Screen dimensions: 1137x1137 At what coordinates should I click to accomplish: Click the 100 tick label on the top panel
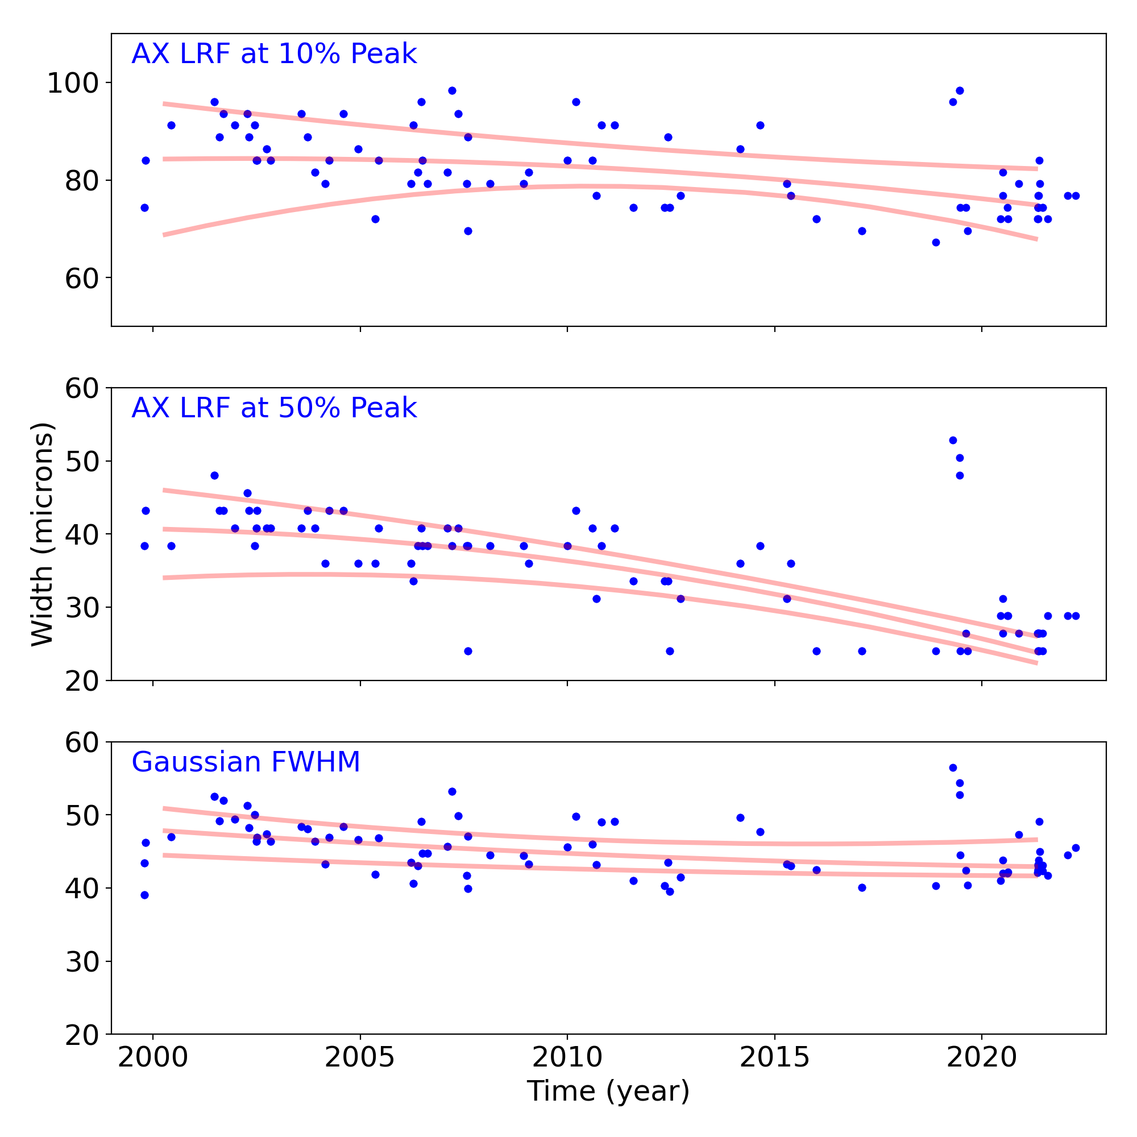click(72, 84)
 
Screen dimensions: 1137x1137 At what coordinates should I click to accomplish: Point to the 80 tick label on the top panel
click(81, 181)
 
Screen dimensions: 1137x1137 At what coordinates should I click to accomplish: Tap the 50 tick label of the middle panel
click(81, 462)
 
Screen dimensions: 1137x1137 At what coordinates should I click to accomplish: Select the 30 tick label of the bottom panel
click(81, 962)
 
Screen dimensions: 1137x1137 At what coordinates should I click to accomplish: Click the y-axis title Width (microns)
click(43, 534)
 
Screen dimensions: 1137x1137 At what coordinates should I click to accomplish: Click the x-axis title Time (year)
click(608, 1091)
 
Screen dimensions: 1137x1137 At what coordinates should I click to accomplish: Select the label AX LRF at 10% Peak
click(273, 54)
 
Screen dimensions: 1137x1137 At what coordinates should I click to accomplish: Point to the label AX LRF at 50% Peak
click(273, 408)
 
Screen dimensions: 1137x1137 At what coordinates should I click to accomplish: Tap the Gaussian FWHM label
click(246, 762)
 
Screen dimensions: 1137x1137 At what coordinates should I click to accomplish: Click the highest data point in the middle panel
click(953, 440)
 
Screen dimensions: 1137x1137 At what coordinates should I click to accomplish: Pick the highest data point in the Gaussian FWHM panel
click(953, 767)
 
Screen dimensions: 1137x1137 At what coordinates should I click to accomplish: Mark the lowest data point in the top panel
click(936, 243)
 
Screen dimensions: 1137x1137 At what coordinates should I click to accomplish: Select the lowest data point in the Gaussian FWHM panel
click(145, 895)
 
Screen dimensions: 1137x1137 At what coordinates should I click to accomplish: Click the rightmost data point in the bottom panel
click(1076, 848)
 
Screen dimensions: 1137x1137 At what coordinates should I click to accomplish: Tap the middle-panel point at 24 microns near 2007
click(468, 651)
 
